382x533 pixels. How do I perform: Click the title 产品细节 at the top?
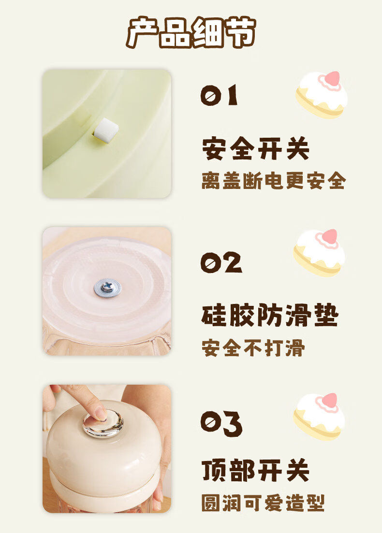(x=191, y=32)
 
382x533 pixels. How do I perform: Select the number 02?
(x=221, y=262)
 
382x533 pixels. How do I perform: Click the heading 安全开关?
(x=255, y=148)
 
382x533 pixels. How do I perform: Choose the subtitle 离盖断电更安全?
(x=274, y=181)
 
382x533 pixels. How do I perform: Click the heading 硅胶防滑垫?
(x=270, y=315)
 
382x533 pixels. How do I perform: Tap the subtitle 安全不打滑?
(x=253, y=348)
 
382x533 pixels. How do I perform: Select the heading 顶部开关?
(x=255, y=470)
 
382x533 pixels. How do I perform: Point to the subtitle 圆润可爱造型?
(x=263, y=503)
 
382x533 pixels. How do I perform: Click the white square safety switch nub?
(x=106, y=130)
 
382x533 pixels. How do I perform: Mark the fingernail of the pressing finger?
(x=101, y=413)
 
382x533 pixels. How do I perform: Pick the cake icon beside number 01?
(x=322, y=94)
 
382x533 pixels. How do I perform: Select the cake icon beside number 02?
(x=319, y=252)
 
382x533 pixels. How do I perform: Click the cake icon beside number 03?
(x=319, y=417)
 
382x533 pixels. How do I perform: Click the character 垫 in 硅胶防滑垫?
(x=326, y=315)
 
